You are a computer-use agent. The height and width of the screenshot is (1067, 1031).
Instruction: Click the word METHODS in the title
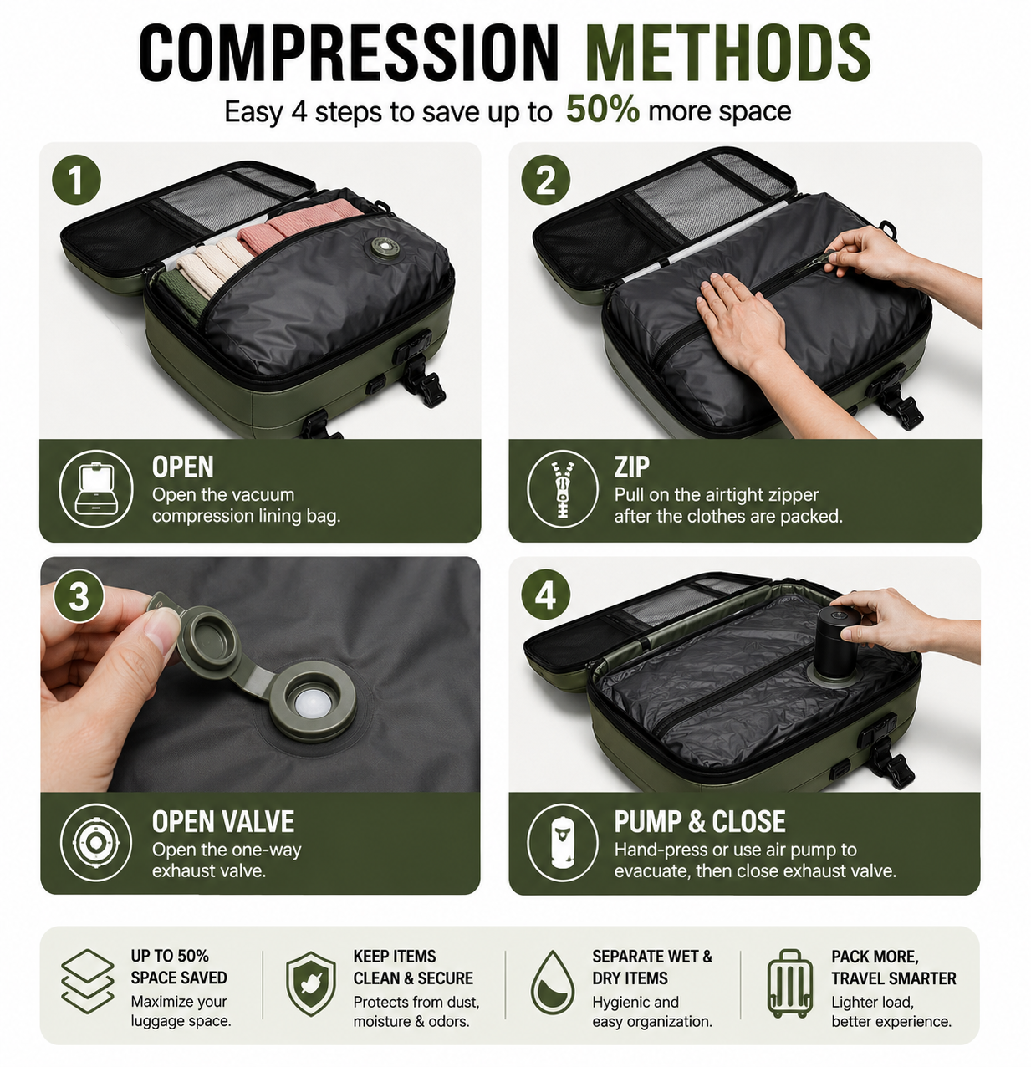click(x=727, y=54)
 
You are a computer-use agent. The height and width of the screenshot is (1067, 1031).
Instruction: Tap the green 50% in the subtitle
click(x=603, y=109)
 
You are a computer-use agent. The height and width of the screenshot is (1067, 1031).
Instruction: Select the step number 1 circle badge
click(x=77, y=180)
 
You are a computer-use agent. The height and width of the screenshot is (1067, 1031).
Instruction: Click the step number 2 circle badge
click(x=546, y=180)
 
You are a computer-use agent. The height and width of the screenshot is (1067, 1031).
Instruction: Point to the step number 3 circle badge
click(x=79, y=596)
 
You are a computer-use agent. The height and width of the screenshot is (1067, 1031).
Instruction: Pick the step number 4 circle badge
click(x=546, y=594)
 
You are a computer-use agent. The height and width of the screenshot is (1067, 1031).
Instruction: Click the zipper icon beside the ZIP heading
click(x=563, y=488)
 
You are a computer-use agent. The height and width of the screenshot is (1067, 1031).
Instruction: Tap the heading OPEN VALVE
click(x=222, y=822)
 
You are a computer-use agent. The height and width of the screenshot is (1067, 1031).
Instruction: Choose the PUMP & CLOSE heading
click(x=700, y=821)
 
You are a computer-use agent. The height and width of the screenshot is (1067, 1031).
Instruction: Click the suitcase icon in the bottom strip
click(x=789, y=983)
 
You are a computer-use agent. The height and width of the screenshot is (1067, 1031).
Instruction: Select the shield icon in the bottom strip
click(x=311, y=983)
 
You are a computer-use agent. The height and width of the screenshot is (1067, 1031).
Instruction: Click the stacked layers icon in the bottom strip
click(x=88, y=982)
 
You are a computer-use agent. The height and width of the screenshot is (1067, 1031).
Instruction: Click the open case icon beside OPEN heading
click(x=96, y=489)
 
